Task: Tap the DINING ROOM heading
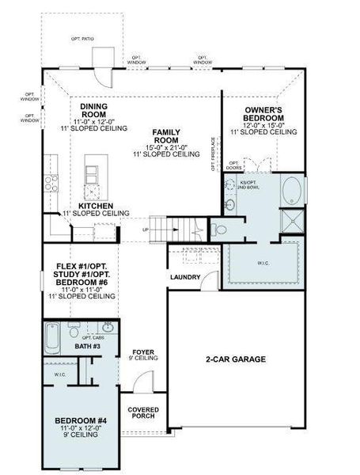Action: point(94,109)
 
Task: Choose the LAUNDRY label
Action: point(184,277)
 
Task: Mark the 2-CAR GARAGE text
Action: point(235,359)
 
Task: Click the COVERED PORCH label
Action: point(146,412)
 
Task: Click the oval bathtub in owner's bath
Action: point(291,190)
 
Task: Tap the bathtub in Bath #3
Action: point(51,337)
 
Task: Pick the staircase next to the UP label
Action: point(169,229)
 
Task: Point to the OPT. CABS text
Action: point(93,338)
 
